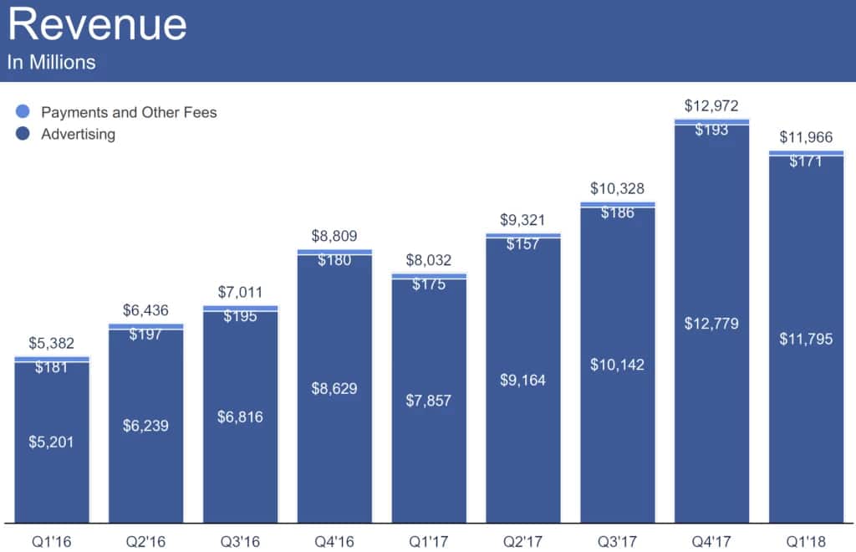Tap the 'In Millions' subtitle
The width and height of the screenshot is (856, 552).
coord(51,63)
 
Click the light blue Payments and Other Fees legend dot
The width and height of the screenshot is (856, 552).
coord(23,112)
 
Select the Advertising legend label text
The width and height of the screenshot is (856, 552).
coord(78,134)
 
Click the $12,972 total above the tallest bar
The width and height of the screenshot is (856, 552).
coord(711,106)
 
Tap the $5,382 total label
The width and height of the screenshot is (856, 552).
coord(51,343)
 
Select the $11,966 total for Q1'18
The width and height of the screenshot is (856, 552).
coord(806,138)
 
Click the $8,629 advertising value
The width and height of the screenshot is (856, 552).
coord(334,388)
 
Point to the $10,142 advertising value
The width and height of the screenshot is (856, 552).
coord(617,365)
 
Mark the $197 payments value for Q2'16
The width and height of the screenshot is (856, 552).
coord(145,335)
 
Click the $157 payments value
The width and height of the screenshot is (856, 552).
coord(522,243)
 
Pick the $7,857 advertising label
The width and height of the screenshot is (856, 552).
coord(429,401)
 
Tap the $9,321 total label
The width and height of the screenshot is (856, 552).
coord(522,220)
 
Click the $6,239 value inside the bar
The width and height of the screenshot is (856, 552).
coord(145,426)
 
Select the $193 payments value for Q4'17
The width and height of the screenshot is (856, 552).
coord(711,130)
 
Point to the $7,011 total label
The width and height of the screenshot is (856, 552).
coord(240,293)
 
